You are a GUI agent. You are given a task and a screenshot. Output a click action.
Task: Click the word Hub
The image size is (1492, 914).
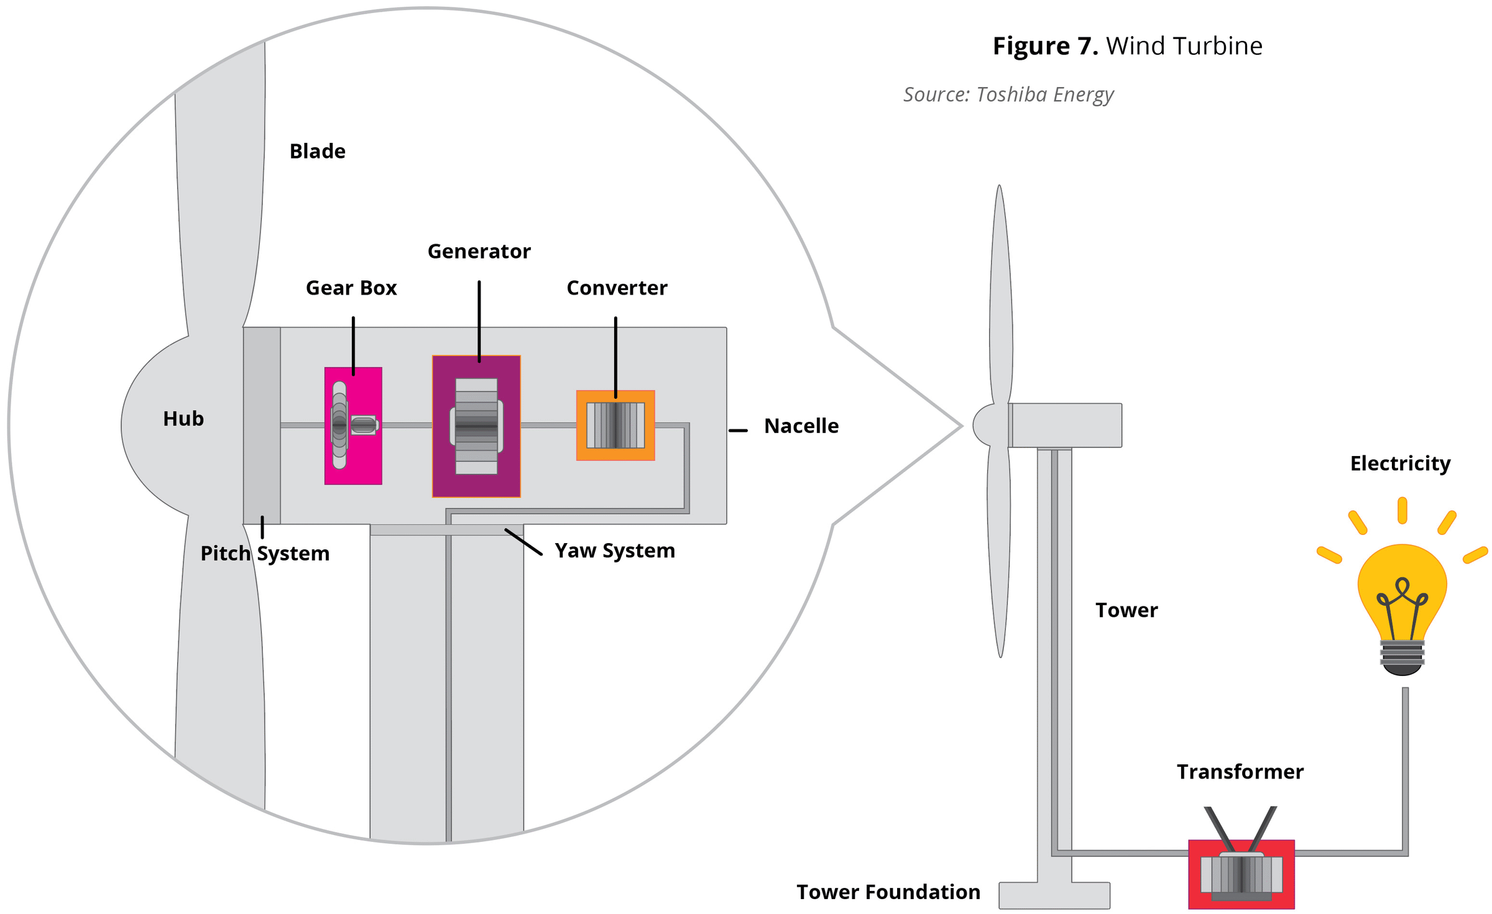183,419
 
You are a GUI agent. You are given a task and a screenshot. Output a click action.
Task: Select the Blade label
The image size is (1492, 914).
318,152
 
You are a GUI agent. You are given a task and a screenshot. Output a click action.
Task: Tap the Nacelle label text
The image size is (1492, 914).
801,426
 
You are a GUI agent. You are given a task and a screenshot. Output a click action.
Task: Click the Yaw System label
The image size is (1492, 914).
615,551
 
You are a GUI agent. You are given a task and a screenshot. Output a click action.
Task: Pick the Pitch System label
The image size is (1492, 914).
265,554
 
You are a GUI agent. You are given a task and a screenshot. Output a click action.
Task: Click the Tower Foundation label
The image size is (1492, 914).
888,892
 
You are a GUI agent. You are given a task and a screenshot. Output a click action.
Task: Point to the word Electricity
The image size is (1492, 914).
1400,464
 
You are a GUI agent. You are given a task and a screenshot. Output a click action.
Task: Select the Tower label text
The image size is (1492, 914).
1126,610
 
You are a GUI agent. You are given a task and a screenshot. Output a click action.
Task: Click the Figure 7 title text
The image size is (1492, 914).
1127,46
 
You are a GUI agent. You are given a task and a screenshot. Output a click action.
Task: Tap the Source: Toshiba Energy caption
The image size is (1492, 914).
1008,94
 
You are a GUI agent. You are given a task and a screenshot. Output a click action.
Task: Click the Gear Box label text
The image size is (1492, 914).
351,288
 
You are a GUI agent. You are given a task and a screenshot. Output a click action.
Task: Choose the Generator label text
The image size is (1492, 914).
479,252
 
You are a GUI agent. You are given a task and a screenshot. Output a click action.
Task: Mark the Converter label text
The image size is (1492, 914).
617,288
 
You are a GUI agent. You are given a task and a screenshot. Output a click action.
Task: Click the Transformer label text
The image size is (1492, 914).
1240,772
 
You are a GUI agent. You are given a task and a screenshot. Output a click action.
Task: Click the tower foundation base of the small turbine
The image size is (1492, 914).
1054,895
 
